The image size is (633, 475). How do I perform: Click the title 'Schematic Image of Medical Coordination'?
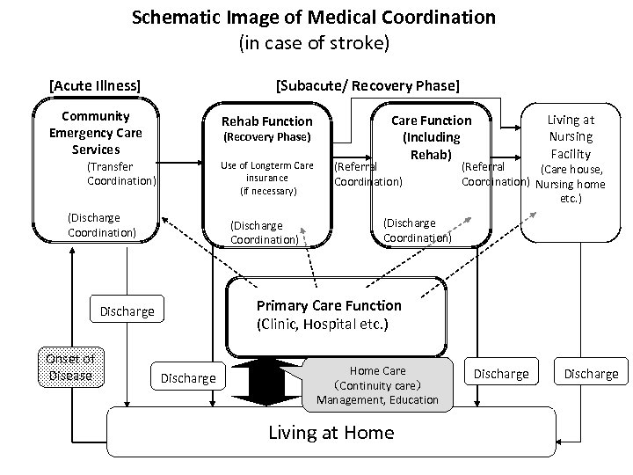(x=314, y=17)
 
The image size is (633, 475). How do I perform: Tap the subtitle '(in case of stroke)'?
(x=314, y=41)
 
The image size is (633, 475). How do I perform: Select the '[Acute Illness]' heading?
(x=95, y=85)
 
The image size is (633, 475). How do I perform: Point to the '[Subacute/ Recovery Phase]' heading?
(x=367, y=85)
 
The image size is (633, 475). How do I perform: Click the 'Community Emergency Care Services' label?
(x=96, y=133)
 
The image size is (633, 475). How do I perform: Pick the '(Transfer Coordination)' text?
(x=121, y=173)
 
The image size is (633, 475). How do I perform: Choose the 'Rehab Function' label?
(x=266, y=121)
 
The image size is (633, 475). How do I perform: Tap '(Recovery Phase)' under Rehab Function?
(x=266, y=137)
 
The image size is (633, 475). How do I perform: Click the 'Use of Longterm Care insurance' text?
(x=266, y=171)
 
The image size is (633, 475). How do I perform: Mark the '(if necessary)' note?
(x=267, y=190)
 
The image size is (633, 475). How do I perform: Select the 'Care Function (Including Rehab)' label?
(x=431, y=137)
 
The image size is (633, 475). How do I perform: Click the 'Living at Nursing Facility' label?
(x=571, y=136)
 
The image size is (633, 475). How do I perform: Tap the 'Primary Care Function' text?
(x=328, y=305)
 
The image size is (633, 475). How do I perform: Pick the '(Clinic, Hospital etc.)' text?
(x=323, y=324)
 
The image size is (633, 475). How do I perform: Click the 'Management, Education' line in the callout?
(x=377, y=400)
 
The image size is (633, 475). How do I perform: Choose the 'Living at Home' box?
(x=331, y=432)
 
